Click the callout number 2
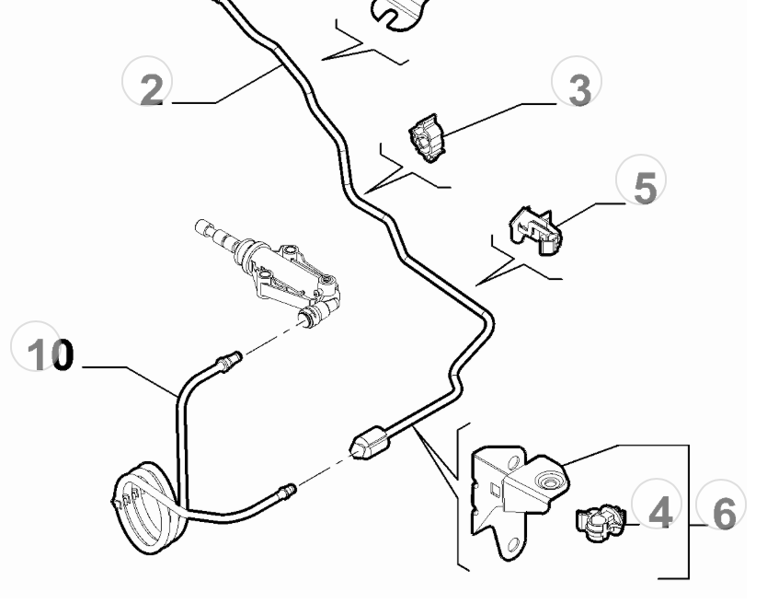(151, 89)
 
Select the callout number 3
(580, 89)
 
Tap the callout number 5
(645, 188)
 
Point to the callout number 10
(51, 354)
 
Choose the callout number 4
(660, 513)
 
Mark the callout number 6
(725, 514)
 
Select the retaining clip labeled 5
(535, 230)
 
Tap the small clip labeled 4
(601, 523)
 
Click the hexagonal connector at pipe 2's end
(370, 443)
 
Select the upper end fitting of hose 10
(229, 362)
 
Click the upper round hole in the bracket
(513, 463)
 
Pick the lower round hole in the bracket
(512, 544)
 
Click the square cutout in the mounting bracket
(495, 489)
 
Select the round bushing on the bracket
(548, 482)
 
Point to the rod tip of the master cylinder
(201, 226)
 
